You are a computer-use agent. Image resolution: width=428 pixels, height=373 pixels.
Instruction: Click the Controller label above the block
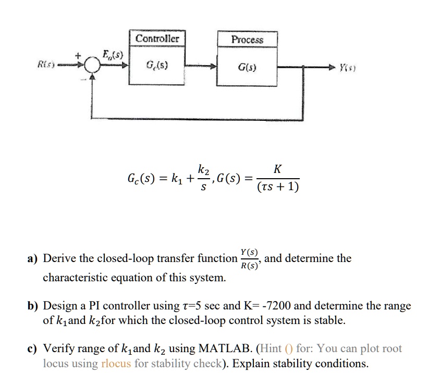coord(157,39)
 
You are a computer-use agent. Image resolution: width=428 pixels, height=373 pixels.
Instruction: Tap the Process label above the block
coord(247,40)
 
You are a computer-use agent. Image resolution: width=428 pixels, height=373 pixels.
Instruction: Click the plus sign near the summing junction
coord(80,54)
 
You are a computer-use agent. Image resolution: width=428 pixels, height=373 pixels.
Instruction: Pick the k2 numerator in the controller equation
coord(203,169)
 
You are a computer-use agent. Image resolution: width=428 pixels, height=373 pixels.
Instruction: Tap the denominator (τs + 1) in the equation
coord(278,186)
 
